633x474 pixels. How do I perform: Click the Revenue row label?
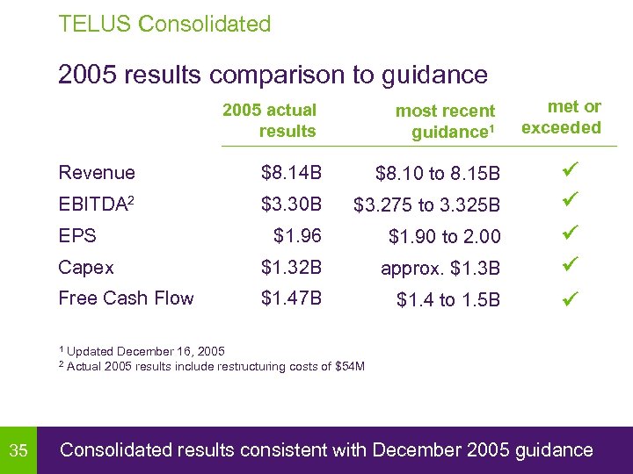[97, 173]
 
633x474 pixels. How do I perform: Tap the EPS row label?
[77, 236]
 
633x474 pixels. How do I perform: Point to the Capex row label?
[86, 267]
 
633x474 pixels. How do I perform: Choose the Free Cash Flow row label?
[126, 298]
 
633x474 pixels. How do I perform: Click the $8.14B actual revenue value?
[292, 173]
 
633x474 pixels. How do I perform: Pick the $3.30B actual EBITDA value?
[292, 205]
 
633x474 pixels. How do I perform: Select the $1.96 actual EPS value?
[298, 236]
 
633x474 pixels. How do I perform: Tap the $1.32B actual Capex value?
[292, 267]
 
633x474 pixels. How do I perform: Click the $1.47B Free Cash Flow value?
[292, 298]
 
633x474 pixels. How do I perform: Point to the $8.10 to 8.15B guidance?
[437, 174]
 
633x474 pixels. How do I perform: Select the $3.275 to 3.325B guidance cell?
[426, 205]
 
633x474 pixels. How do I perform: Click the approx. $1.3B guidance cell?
[440, 269]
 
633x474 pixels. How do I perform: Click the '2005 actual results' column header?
[270, 120]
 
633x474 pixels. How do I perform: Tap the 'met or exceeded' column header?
[562, 117]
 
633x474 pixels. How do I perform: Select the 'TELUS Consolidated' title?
[164, 24]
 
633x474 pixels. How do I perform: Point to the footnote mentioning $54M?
[211, 366]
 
